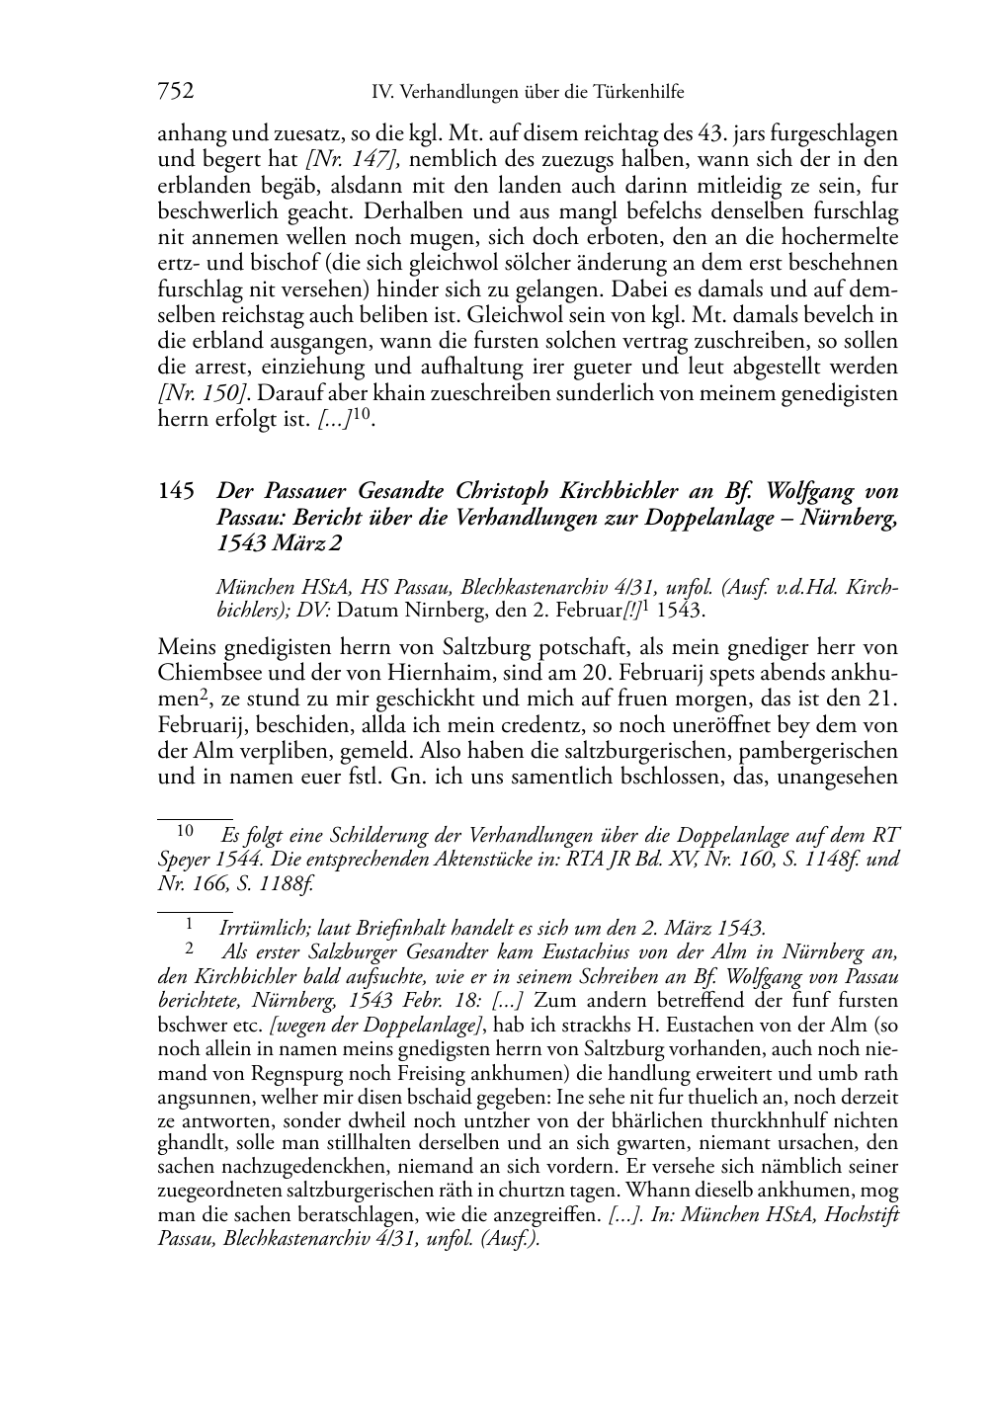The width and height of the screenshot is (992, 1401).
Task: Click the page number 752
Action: coord(175,92)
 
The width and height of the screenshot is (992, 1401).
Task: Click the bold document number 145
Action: coord(175,491)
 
